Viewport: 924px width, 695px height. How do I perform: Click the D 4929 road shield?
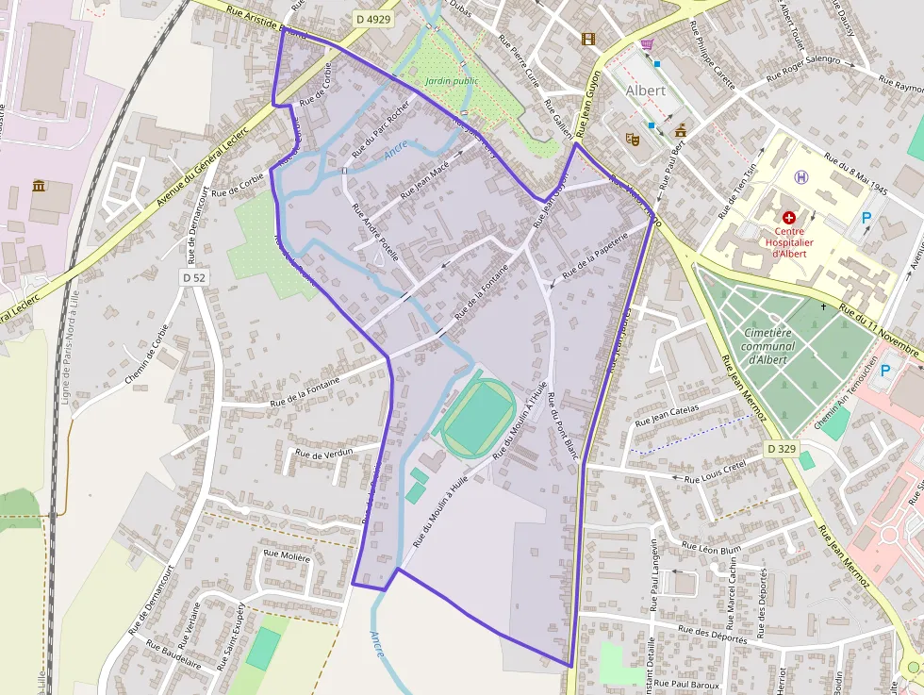pos(374,18)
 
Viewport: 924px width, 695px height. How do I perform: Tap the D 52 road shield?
pos(194,277)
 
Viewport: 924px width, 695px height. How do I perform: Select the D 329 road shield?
pos(782,449)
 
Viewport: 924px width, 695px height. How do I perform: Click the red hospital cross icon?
pos(789,217)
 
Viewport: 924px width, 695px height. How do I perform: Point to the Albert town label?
pos(645,91)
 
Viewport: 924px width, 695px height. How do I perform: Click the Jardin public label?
pos(452,81)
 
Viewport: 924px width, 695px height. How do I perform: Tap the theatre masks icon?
pos(633,138)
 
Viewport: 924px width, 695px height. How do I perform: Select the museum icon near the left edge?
pos(40,185)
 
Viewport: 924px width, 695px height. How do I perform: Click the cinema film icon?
pos(588,39)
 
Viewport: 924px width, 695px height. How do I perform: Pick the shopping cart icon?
pos(646,44)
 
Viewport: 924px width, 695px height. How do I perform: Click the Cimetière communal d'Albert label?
pos(767,345)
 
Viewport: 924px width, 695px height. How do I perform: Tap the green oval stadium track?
pos(479,417)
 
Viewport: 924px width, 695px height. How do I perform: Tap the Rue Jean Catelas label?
pos(667,416)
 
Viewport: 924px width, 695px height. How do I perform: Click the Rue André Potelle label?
pos(376,232)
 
